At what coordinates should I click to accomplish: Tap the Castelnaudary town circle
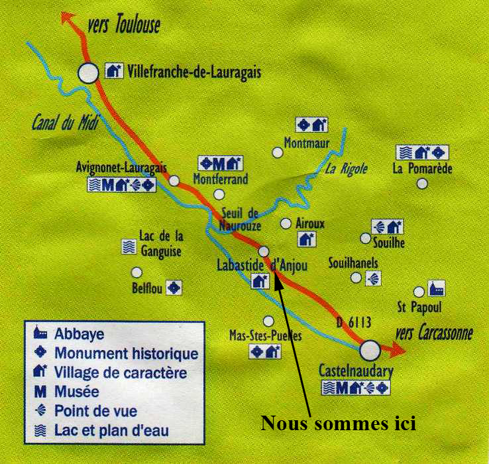coord(370,349)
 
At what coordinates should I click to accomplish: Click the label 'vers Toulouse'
coord(123,27)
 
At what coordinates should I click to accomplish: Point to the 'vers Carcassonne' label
coord(433,333)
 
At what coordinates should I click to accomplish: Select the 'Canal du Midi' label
coord(60,123)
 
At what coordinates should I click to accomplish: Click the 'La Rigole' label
coord(345,168)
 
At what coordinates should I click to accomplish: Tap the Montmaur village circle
coord(278,152)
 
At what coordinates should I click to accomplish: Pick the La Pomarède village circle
coord(422,183)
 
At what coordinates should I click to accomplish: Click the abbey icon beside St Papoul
coord(437,288)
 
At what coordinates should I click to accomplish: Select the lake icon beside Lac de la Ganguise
coord(129,247)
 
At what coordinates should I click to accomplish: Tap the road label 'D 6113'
coord(353,322)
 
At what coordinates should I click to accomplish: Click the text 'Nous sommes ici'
coord(338,423)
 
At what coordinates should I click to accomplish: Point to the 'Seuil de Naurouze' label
coord(240,219)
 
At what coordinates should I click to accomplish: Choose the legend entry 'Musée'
coord(76,392)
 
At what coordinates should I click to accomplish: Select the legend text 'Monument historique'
coord(126,353)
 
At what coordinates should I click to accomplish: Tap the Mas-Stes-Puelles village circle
coord(268,321)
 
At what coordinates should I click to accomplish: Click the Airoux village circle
coord(286,223)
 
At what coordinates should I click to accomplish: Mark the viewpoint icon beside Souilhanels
coord(374,278)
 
